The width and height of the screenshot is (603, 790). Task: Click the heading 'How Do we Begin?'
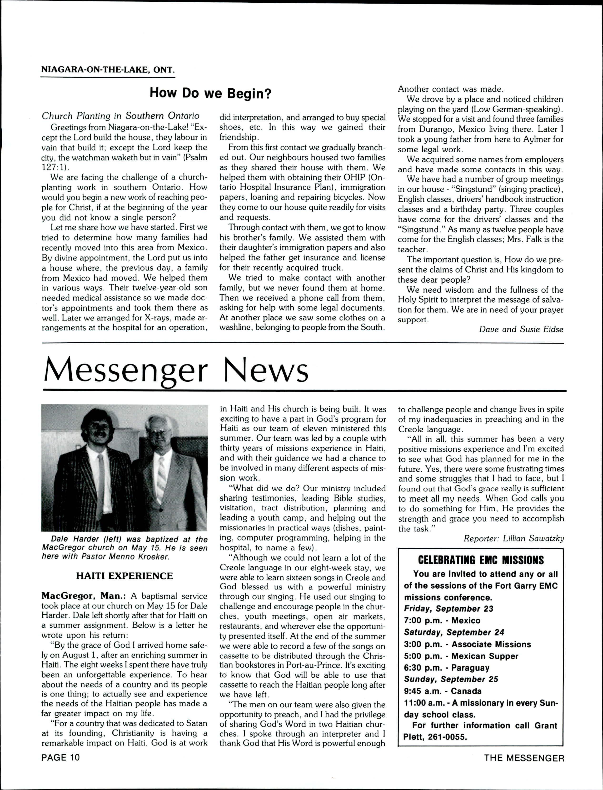pos(210,93)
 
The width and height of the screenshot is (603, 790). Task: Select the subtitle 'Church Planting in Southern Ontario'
pos(121,116)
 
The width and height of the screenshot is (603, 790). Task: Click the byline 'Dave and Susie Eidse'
pos(521,329)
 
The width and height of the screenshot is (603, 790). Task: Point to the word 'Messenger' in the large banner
pos(126,371)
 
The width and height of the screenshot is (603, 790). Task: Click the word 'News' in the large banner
pos(266,371)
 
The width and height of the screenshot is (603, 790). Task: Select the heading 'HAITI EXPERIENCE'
pos(125,576)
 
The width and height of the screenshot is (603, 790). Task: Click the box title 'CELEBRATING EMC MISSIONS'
pos(481,560)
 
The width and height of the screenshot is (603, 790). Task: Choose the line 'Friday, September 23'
pos(449,609)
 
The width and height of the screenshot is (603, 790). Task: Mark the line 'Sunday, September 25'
pos(451,680)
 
